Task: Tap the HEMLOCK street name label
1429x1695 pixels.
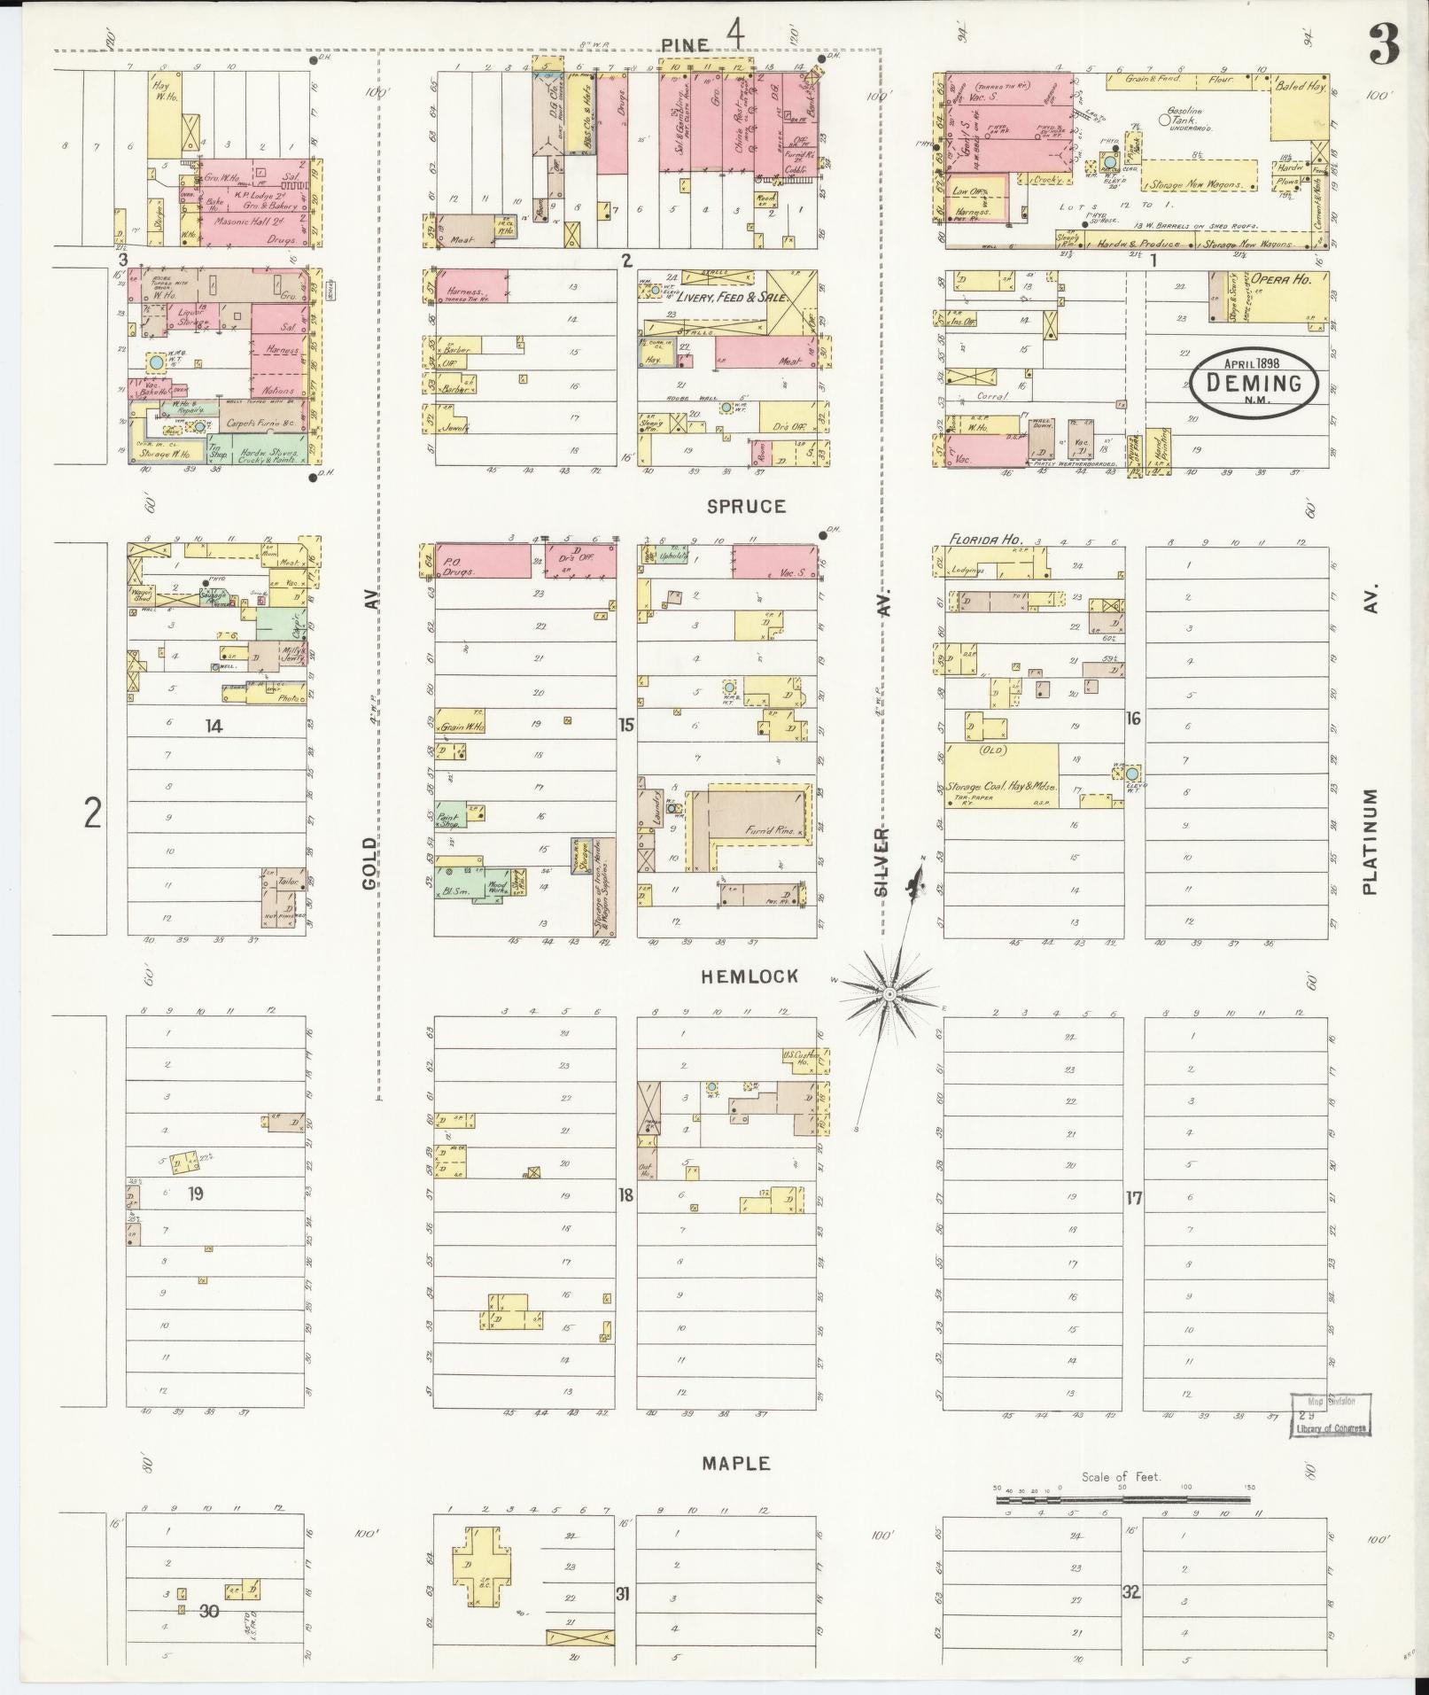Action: [x=749, y=976]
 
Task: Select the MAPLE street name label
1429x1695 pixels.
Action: [x=736, y=1464]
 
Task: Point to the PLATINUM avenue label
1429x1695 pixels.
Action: [x=1371, y=841]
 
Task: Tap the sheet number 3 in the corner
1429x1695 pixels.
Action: [x=1383, y=45]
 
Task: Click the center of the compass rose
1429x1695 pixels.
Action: [x=888, y=995]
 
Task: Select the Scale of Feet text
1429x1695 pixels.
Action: [x=1121, y=1477]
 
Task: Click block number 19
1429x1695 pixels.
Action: [x=195, y=1193]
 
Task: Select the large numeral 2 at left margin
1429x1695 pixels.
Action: [x=92, y=812]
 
